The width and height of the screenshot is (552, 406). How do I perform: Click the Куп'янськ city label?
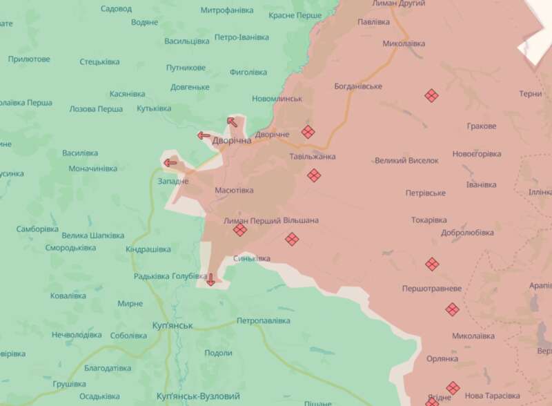pos(172,325)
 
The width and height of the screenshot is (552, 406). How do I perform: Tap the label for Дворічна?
pos(232,140)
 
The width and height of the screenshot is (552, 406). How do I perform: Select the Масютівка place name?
pos(234,190)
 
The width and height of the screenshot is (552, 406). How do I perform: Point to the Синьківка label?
pos(251,258)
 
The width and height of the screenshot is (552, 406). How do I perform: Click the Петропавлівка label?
pos(263,321)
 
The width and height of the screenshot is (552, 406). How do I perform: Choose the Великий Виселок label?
pos(406,161)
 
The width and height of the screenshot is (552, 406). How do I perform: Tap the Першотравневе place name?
pos(432,288)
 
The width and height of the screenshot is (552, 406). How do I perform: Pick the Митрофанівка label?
pos(226,11)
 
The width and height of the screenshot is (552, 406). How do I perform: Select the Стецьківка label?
pos(99,62)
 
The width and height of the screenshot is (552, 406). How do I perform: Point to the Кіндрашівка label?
pos(148,249)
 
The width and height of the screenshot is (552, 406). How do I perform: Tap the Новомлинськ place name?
pos(277,99)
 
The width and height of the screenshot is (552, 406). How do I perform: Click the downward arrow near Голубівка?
pos(210,280)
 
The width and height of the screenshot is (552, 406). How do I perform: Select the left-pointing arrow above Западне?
pos(170,164)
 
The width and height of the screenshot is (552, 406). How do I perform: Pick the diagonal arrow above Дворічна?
pos(233,122)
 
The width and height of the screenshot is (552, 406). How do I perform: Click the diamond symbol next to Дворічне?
pos(308,132)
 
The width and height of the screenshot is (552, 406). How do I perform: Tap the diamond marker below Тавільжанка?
pos(314,175)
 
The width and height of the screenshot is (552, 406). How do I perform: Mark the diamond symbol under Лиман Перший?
pos(240,230)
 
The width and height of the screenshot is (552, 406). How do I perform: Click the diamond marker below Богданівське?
pos(431,95)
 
